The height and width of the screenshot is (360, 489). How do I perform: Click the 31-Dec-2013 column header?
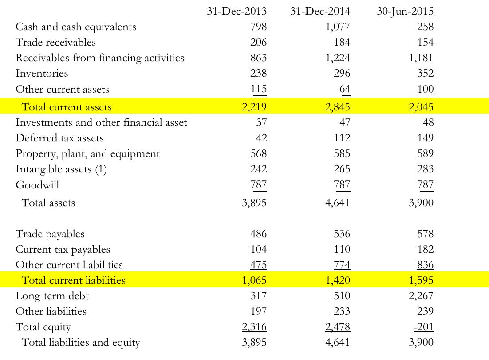pyautogui.click(x=237, y=11)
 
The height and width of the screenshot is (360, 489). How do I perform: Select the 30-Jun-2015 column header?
pyautogui.click(x=405, y=11)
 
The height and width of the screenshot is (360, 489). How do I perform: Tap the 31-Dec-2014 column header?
pyautogui.click(x=320, y=11)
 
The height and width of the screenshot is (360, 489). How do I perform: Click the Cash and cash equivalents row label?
pyautogui.click(x=76, y=27)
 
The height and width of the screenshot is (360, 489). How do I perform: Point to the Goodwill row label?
pyautogui.click(x=37, y=185)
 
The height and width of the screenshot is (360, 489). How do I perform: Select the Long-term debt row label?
pyautogui.click(x=52, y=296)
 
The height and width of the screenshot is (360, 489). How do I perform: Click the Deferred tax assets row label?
pyautogui.click(x=59, y=138)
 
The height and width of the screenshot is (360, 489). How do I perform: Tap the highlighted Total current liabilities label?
pyautogui.click(x=74, y=280)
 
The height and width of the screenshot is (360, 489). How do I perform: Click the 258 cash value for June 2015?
pyautogui.click(x=425, y=27)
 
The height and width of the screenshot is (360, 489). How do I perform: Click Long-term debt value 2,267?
pyautogui.click(x=421, y=296)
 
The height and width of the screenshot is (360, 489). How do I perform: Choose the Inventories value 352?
pyautogui.click(x=425, y=74)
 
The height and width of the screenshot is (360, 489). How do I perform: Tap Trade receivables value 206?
pyautogui.click(x=258, y=43)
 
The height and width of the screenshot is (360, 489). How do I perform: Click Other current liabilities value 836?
pyautogui.click(x=425, y=265)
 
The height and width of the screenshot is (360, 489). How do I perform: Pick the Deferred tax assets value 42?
pyautogui.click(x=261, y=138)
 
